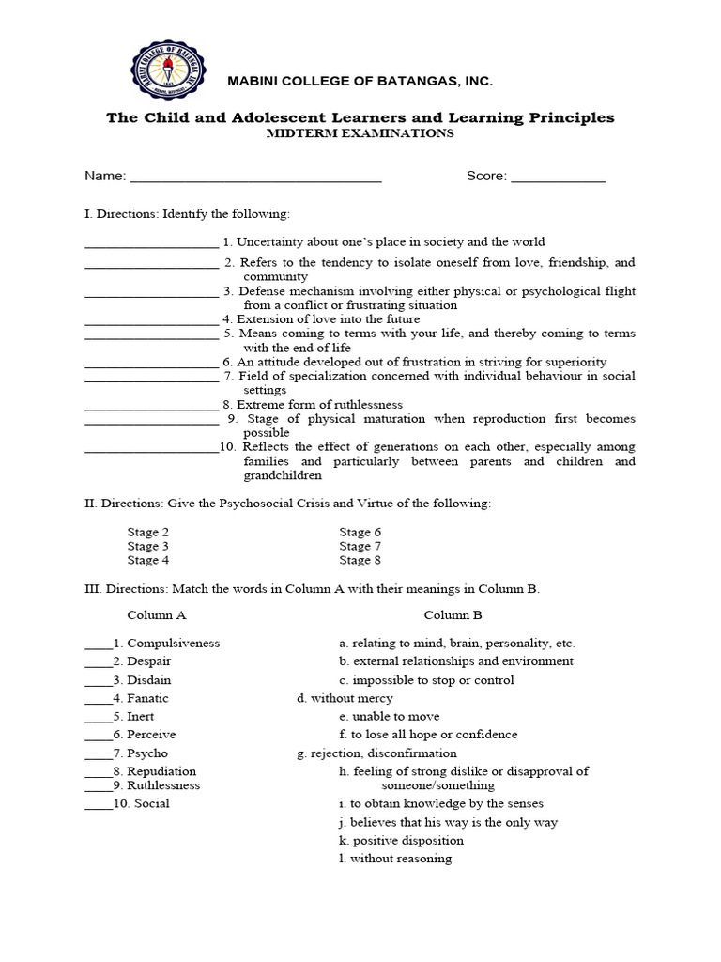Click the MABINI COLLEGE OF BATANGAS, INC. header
pos(360,83)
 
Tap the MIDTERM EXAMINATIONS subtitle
pos(360,133)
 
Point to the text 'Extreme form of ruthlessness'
pos(319,405)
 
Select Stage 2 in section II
pos(148,533)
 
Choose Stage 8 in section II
pos(360,561)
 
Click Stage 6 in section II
pos(360,533)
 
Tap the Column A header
pos(157,615)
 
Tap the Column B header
pos(453,615)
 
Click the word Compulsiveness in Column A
pos(173,644)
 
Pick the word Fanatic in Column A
pos(147,699)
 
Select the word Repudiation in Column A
pos(161,771)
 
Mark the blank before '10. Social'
pos(98,805)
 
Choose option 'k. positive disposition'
pos(401,841)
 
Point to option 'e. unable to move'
pos(389,717)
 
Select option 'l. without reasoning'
pos(395,859)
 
